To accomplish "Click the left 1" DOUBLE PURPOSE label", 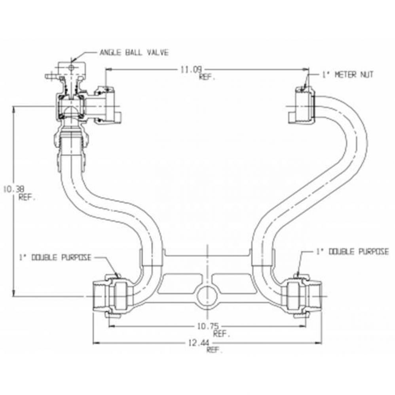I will click(55, 258).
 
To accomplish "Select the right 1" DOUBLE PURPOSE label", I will click(352, 252).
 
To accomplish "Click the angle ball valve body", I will click(70, 106).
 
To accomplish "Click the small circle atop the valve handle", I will click(72, 68).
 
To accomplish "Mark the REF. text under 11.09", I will click(207, 78).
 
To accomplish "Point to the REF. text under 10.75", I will click(221, 334).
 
